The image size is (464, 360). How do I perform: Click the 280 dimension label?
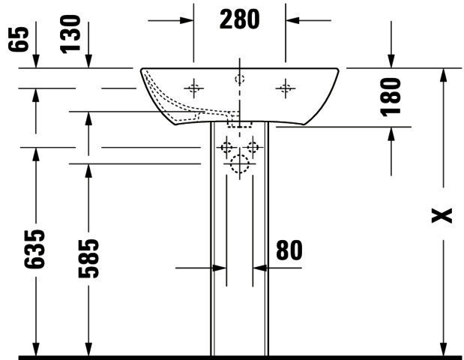[239, 19]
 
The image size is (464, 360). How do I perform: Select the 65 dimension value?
[19, 39]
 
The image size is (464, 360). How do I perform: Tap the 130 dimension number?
[70, 34]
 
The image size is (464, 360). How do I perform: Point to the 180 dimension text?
[391, 97]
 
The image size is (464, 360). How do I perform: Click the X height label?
[442, 215]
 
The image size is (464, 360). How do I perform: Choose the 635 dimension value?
[34, 249]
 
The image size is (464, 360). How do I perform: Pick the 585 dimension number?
[88, 259]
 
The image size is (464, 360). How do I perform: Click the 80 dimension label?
[289, 250]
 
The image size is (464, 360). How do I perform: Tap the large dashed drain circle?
[239, 163]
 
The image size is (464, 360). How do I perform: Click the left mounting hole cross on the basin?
[194, 88]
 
